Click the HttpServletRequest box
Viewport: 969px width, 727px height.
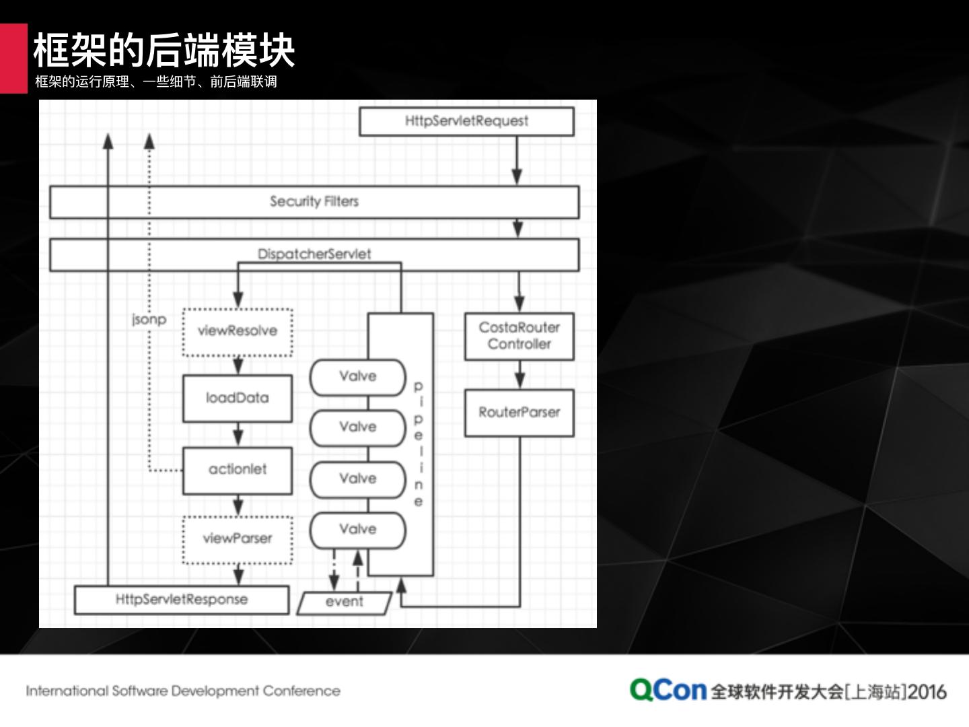tap(466, 121)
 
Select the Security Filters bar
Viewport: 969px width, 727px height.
tap(314, 201)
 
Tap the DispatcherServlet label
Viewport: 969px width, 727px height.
tap(314, 254)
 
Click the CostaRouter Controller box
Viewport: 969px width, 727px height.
tap(519, 336)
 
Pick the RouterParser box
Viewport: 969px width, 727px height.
tap(519, 413)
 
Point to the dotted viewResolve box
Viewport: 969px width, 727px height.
tap(238, 331)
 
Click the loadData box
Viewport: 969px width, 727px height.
tap(238, 399)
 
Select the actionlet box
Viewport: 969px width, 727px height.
tap(238, 470)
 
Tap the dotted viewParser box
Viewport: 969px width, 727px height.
tap(238, 539)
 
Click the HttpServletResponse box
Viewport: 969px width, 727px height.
tap(182, 600)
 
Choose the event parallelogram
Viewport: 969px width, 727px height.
tap(345, 602)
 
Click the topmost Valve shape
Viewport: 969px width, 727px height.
tap(357, 377)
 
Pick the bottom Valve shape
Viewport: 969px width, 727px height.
tap(357, 530)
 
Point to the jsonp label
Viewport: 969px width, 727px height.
tap(149, 319)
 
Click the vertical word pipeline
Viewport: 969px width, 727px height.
tap(419, 444)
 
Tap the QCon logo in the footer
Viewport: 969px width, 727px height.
tap(668, 690)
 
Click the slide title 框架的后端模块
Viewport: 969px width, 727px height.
tap(164, 50)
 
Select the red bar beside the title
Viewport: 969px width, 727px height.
tap(13, 58)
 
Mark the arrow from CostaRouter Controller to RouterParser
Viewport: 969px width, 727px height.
tap(519, 375)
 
